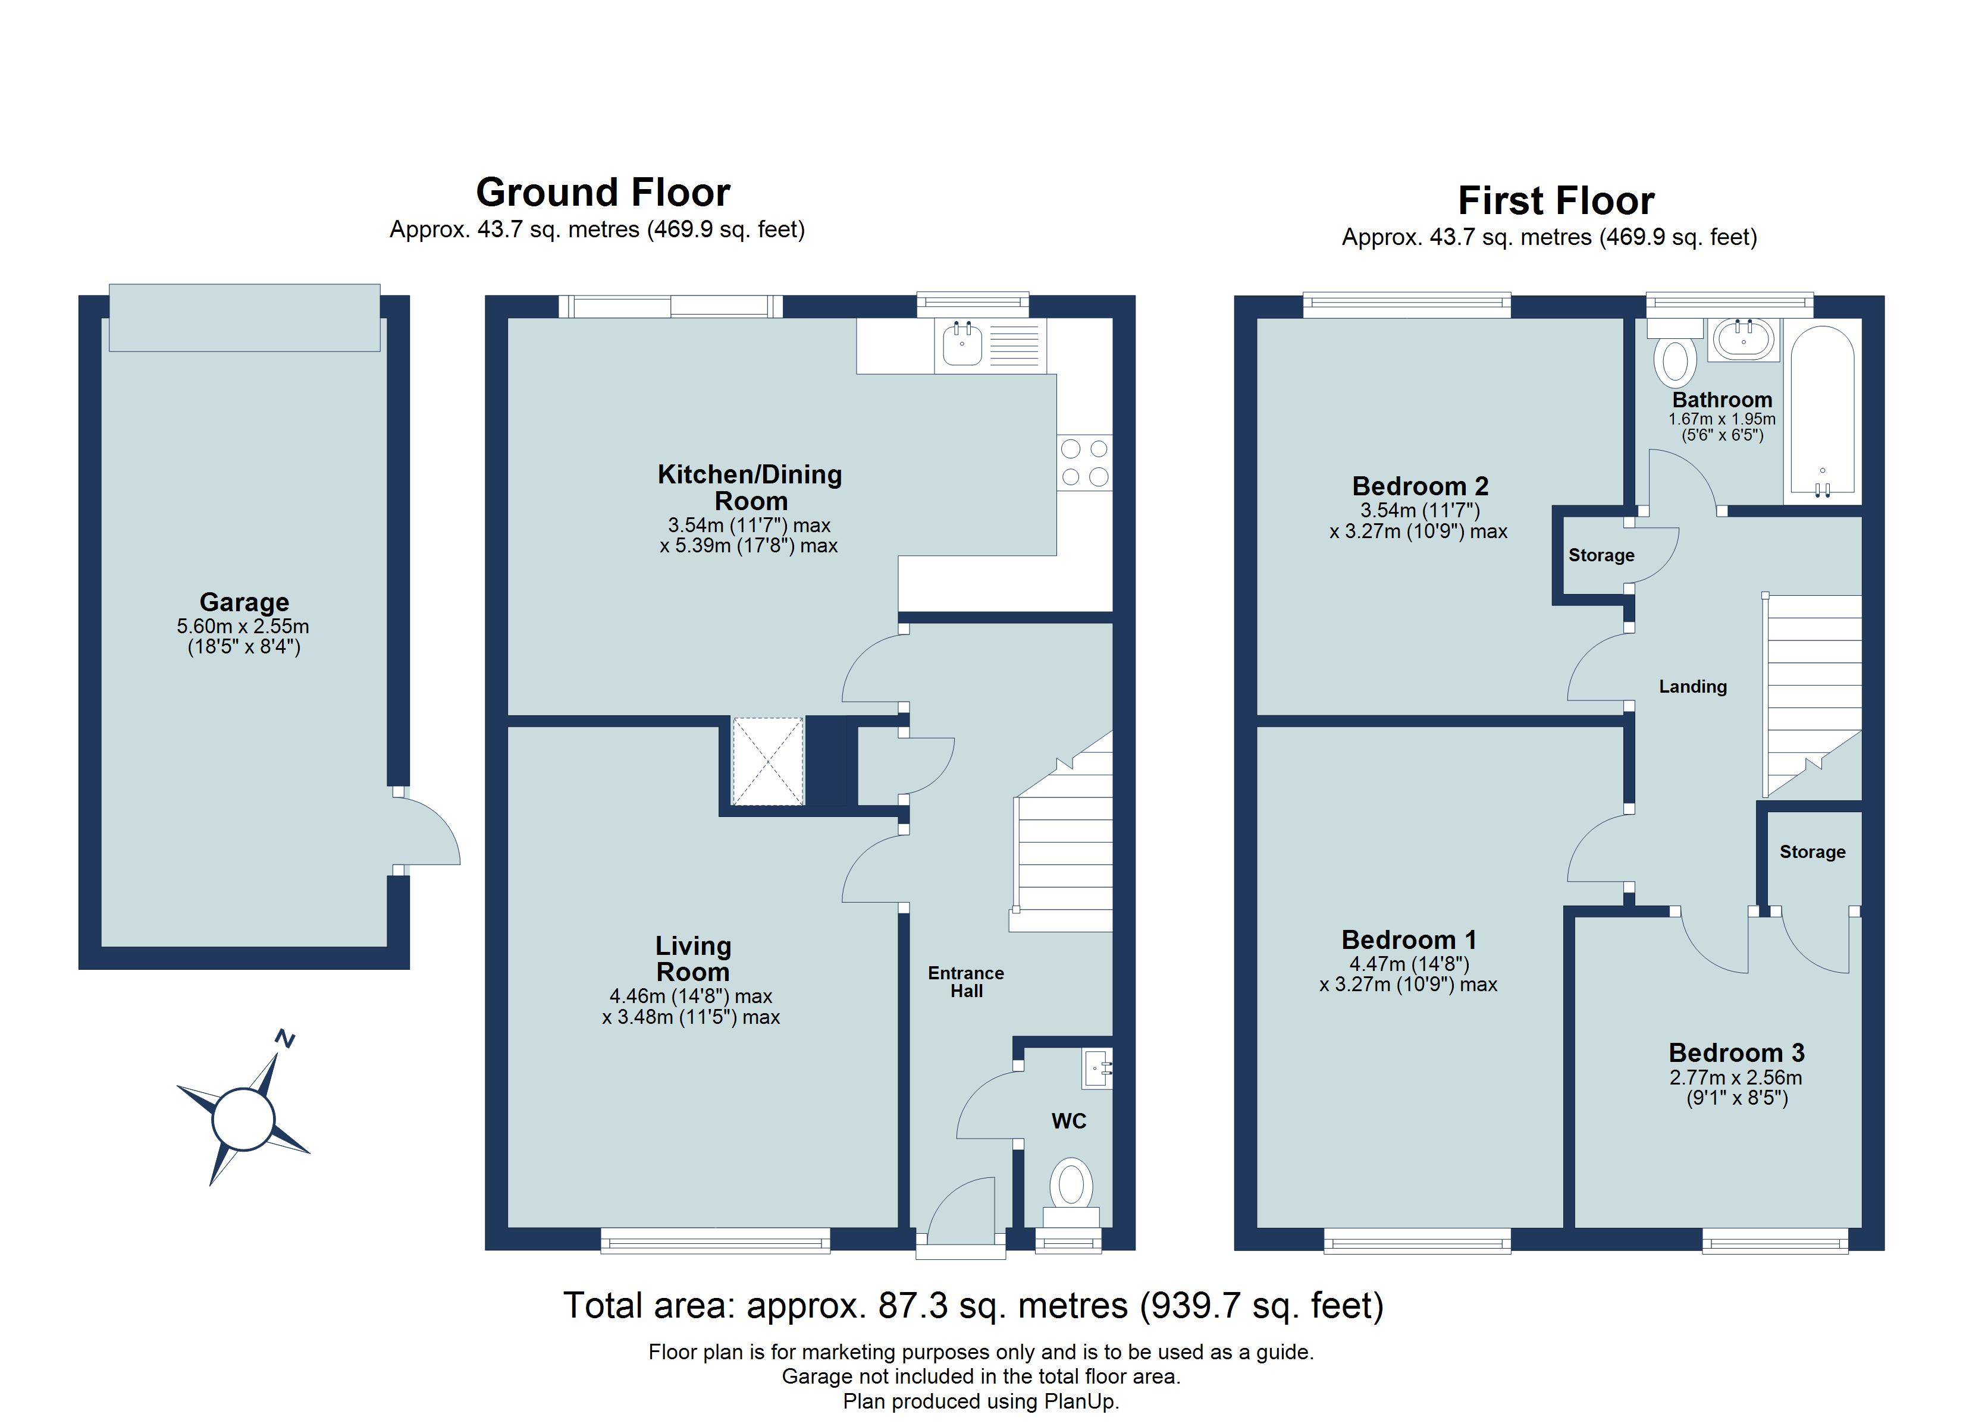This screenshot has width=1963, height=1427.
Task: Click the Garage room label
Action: coord(244,602)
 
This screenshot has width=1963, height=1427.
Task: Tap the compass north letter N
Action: coord(285,1039)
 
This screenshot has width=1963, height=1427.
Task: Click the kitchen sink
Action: coord(962,344)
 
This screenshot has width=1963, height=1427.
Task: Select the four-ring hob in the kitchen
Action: coord(1084,463)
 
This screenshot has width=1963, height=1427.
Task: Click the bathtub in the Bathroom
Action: coord(1822,414)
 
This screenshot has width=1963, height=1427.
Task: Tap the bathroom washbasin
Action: coord(1743,340)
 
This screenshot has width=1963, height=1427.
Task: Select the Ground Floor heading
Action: coord(603,192)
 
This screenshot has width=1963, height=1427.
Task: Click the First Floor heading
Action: coord(1556,201)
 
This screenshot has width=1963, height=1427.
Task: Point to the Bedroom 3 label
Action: coord(1736,1053)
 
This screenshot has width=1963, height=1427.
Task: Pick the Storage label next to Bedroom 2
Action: coord(1601,555)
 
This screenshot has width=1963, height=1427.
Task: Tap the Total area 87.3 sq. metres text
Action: coord(973,1305)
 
